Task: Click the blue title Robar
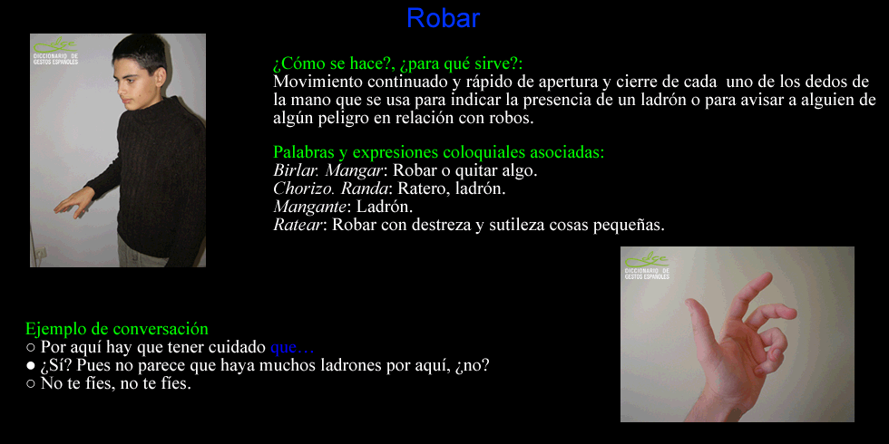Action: [443, 18]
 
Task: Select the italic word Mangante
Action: [309, 208]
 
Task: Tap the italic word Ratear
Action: [298, 225]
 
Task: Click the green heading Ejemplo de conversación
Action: [117, 328]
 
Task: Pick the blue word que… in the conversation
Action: [292, 347]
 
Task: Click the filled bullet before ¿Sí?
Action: [31, 366]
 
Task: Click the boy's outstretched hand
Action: [73, 203]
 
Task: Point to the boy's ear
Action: [161, 78]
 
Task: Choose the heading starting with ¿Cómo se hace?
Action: [398, 63]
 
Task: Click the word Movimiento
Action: [317, 82]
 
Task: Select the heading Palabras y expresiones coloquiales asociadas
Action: [439, 152]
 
